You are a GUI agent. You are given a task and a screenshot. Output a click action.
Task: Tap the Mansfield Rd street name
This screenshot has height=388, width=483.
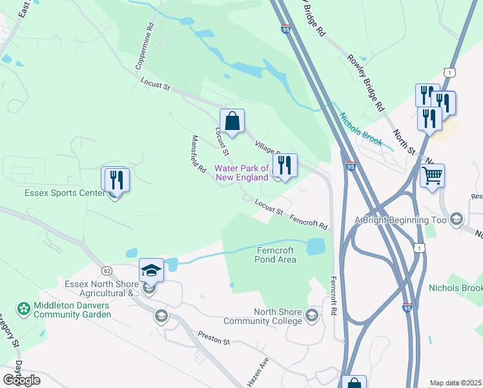point(198,154)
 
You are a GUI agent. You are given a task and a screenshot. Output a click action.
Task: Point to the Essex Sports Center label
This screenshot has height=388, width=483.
point(65,193)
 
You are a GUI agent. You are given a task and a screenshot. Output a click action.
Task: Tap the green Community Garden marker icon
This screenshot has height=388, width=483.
point(24,309)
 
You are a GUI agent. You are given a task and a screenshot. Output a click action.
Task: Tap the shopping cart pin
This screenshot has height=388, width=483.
point(432,175)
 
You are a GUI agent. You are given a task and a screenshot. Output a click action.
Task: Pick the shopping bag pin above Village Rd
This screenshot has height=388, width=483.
point(232,120)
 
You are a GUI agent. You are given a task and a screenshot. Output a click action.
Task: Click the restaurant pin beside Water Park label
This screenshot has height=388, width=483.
point(284,165)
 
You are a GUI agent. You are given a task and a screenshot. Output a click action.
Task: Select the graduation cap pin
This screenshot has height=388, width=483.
point(151,270)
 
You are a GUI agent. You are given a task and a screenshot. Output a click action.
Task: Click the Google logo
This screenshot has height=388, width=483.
point(21,380)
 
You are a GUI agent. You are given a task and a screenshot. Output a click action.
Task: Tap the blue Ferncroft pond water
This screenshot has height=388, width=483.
point(315,246)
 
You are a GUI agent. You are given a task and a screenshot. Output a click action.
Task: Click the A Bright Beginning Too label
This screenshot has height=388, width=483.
point(401,220)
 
